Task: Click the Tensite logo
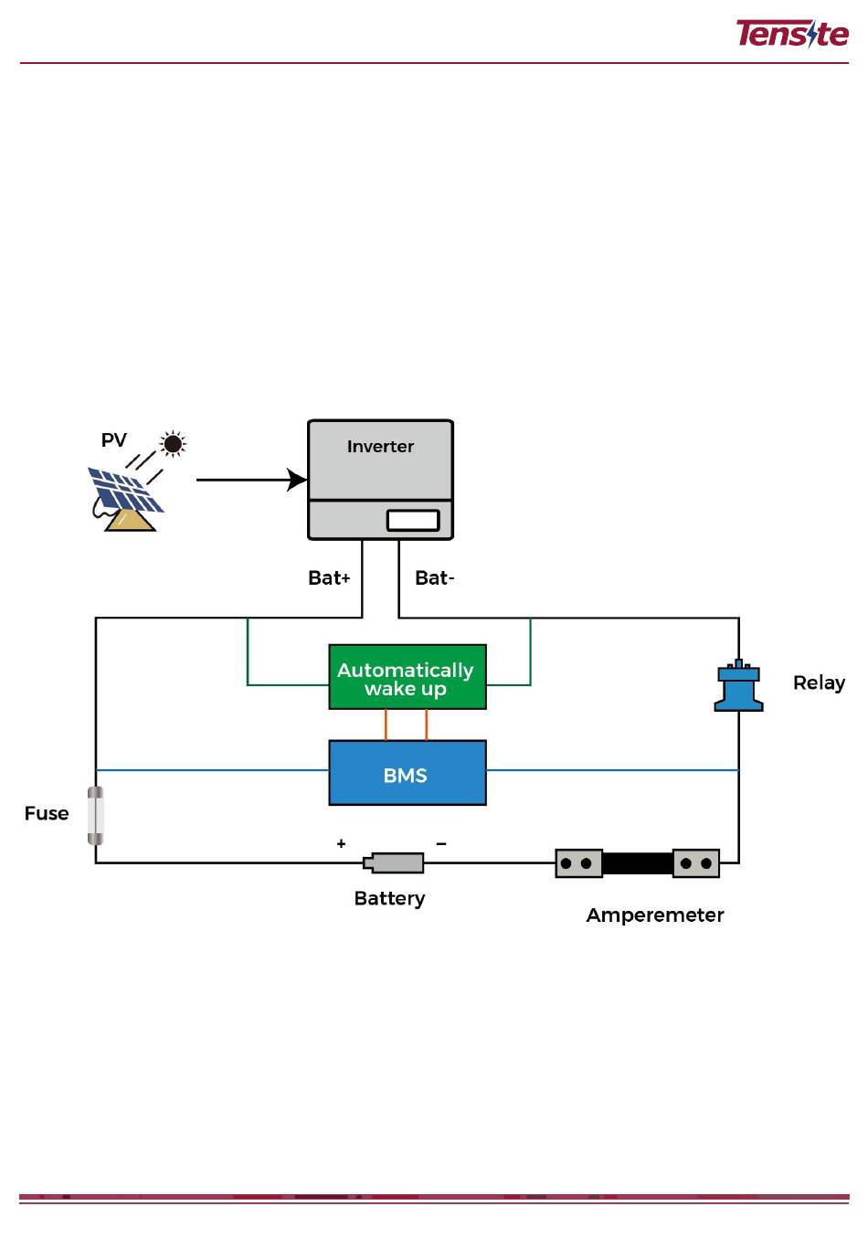[791, 34]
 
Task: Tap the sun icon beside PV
[173, 444]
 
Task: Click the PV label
[114, 440]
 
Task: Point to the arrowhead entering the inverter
[298, 480]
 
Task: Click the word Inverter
[380, 447]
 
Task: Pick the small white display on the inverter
[413, 520]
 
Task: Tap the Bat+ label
[329, 578]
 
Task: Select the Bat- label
[434, 578]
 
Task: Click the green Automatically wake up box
[408, 677]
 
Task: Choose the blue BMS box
[408, 773]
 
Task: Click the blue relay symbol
[738, 687]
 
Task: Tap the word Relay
[819, 683]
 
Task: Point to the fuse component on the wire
[96, 815]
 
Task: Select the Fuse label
[47, 814]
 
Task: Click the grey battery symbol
[396, 862]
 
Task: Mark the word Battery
[389, 899]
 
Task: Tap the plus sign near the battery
[342, 844]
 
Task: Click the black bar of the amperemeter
[638, 862]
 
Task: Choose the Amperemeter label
[655, 915]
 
